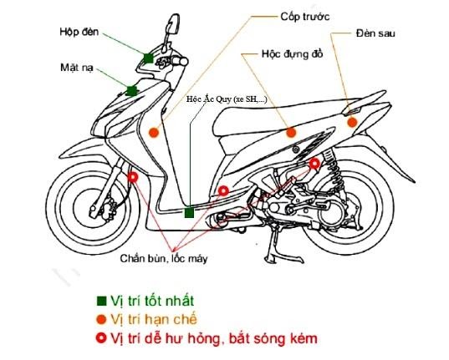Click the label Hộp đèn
coord(79,32)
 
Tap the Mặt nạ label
coord(77,68)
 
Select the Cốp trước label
coord(305,17)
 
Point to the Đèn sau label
coord(375,33)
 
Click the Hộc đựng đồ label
coord(293,53)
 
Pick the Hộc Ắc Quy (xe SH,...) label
coord(227,99)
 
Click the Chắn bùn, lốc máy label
coord(164,258)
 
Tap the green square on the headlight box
coord(148,58)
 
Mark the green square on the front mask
coord(131,91)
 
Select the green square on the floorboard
coord(189,213)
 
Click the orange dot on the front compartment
coord(154,132)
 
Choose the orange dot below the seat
coord(291,133)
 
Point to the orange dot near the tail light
coord(352,123)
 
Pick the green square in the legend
coord(101,301)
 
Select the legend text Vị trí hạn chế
coord(154,319)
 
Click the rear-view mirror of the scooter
coord(174,24)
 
